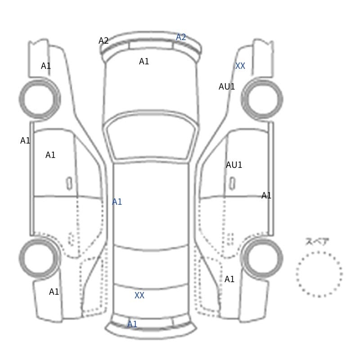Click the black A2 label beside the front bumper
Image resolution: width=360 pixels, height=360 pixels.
(x=103, y=41)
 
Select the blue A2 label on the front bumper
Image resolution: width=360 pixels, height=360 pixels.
(x=181, y=37)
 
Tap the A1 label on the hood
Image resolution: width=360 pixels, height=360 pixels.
(x=144, y=62)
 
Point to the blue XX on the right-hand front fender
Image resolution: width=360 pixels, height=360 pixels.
(x=240, y=66)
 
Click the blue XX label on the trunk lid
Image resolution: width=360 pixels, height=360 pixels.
(x=139, y=296)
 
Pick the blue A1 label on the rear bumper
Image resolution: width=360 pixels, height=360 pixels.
(x=132, y=324)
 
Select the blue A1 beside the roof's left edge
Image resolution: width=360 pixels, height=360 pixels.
(x=117, y=202)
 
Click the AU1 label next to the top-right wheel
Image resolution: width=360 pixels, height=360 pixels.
(x=227, y=87)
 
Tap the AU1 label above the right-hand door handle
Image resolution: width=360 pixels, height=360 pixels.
(x=234, y=165)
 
